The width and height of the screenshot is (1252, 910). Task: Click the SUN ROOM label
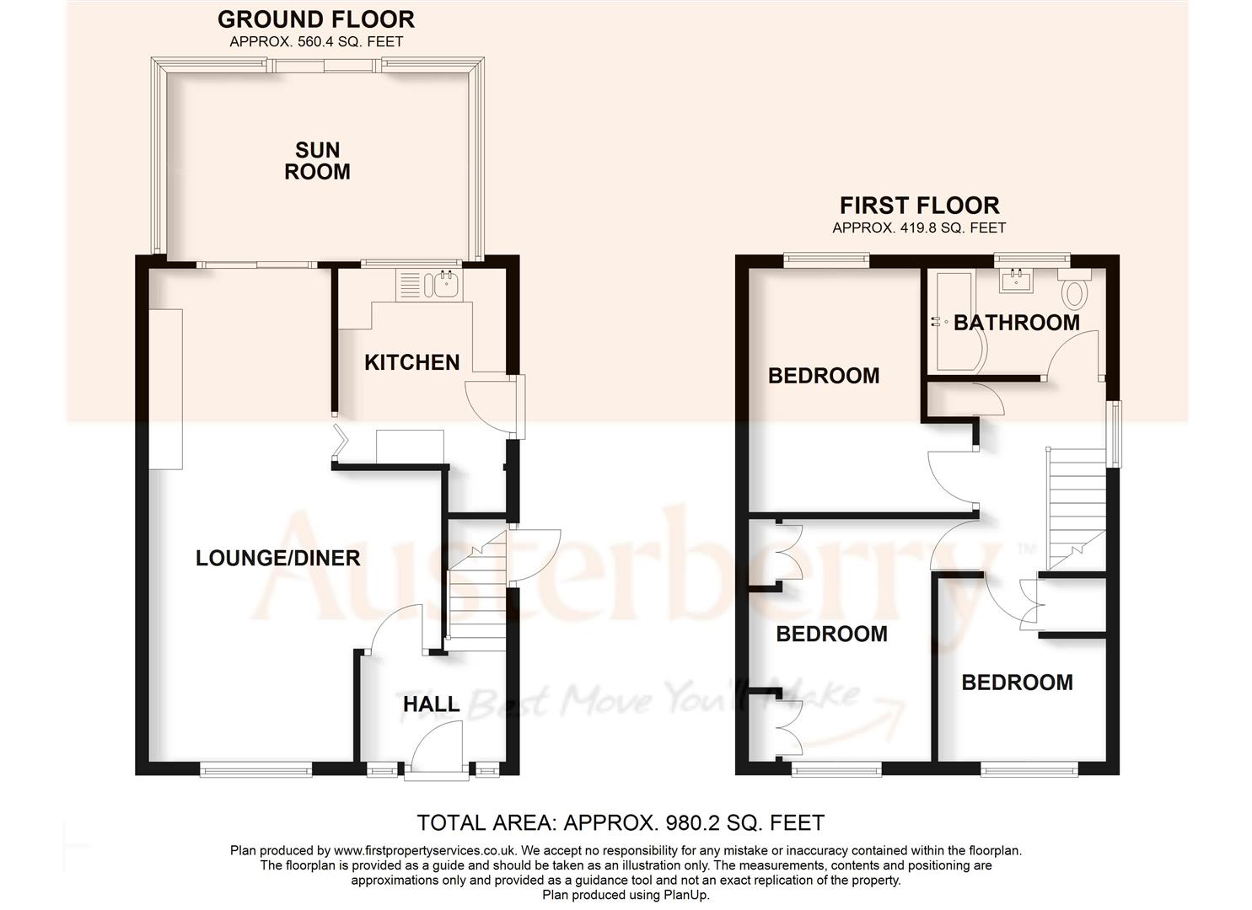(x=317, y=161)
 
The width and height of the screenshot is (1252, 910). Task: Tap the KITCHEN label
(x=411, y=362)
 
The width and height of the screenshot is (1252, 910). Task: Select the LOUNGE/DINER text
(x=277, y=558)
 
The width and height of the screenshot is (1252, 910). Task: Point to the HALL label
(x=431, y=704)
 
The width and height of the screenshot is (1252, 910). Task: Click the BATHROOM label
(x=1016, y=323)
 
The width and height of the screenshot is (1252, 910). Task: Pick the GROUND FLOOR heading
(x=316, y=19)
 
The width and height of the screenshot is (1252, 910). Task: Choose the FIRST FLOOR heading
(x=919, y=206)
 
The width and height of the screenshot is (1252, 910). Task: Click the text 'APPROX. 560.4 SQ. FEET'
(x=316, y=41)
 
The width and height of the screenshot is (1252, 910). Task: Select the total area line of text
(x=621, y=822)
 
